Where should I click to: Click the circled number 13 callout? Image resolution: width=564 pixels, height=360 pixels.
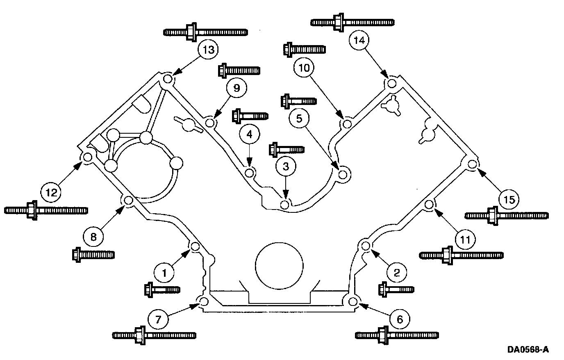208,50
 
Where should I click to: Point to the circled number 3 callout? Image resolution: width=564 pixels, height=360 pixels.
286,166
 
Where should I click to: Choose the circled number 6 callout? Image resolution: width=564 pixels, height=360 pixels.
399,319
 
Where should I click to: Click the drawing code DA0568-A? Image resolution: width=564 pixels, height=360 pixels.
528,350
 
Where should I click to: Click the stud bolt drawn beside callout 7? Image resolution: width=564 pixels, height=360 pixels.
154,335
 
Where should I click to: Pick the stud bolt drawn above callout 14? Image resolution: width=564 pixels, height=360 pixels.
352,22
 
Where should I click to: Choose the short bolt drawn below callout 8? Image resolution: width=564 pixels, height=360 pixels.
93,255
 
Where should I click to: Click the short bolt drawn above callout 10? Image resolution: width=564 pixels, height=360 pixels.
304,49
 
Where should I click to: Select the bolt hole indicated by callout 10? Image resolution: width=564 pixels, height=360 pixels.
347,123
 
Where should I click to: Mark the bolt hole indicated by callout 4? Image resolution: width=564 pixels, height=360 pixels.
248,173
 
